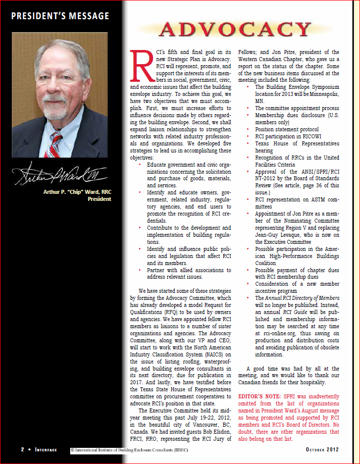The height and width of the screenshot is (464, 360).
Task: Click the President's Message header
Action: coord(60,16)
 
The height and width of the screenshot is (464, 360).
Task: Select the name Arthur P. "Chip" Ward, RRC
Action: coord(76,191)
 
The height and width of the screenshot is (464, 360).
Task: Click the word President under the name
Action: coord(99,199)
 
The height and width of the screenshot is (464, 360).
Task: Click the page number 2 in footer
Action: coord(23,449)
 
